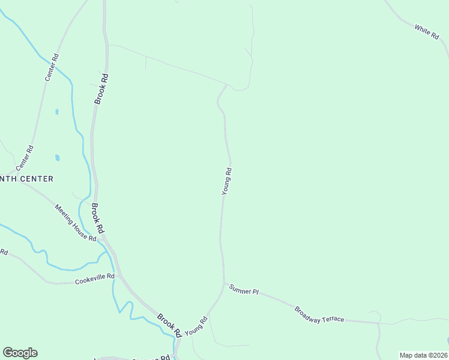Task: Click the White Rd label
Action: coord(427,32)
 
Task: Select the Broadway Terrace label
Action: coord(319,314)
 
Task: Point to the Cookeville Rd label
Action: coord(95,279)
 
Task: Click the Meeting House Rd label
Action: coord(76,223)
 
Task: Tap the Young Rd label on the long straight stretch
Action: coord(226,182)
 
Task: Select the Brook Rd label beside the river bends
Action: coord(169,324)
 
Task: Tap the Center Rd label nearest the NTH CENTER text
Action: coord(26,157)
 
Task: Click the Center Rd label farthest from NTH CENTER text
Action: coord(52,68)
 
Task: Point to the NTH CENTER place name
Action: coord(26,179)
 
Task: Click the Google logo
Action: coord(20,353)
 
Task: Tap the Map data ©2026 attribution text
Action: coord(423,355)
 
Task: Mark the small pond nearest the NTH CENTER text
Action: coord(58,158)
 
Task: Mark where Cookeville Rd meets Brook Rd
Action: coord(120,275)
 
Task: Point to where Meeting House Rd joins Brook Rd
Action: coord(104,238)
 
